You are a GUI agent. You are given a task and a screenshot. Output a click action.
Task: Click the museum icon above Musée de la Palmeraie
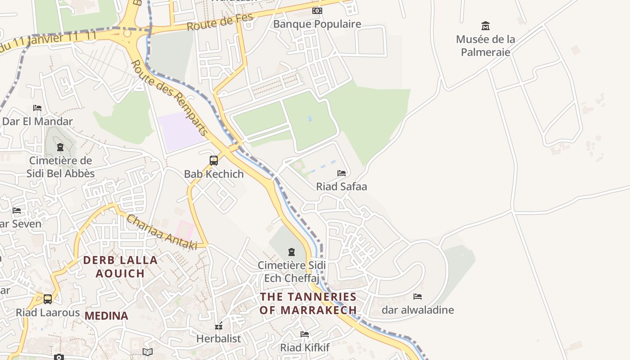point(485,26)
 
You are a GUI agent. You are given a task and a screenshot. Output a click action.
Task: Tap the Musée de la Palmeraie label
point(485,45)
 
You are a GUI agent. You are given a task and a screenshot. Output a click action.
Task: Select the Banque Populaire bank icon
point(317,11)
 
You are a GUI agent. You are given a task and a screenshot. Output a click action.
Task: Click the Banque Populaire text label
point(317,24)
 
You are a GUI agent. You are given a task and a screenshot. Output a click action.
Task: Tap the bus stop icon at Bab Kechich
point(214,160)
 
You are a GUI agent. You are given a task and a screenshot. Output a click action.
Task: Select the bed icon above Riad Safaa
point(342,173)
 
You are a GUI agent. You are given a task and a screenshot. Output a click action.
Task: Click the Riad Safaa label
point(342,186)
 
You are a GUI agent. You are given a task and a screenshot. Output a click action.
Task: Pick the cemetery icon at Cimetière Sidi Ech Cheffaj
point(292,252)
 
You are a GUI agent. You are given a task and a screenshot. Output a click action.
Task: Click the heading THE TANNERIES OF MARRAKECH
point(308,303)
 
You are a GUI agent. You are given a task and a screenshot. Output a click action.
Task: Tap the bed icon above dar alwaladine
point(418,296)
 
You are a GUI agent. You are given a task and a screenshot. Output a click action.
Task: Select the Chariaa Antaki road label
point(162,232)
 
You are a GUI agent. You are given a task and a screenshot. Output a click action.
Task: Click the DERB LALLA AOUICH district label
point(120,266)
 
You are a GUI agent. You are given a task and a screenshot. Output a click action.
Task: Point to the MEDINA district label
point(107,316)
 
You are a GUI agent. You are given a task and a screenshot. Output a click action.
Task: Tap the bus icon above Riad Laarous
point(48,299)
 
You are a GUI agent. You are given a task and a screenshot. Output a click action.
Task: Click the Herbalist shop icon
point(219,325)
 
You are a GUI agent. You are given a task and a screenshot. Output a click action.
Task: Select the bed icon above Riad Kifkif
point(305,334)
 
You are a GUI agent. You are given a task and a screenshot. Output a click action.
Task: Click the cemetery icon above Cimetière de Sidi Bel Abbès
point(60,147)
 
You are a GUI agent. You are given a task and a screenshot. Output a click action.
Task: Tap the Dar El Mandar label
point(37,121)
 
